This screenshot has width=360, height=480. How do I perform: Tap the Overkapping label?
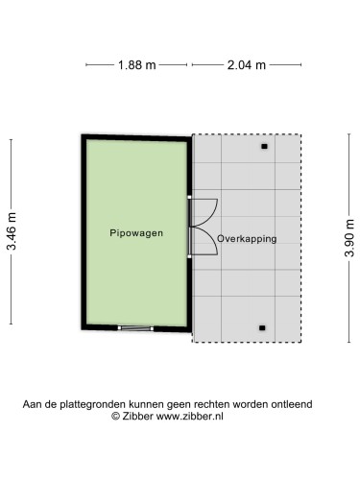coord(247,238)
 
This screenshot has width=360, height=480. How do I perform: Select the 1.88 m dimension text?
coord(136,65)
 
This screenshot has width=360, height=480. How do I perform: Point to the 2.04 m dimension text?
coord(246,65)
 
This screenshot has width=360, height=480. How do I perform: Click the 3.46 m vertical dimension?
coord(12,232)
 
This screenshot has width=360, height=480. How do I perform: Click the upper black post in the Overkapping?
coord(263,147)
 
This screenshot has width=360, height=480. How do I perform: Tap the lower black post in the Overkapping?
coord(262,328)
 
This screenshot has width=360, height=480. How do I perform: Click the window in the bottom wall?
coord(135,328)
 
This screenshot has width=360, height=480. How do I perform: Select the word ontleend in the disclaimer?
coord(291,405)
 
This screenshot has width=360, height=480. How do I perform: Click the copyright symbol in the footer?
coord(115,417)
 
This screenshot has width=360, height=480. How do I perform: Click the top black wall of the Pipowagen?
coord(135,136)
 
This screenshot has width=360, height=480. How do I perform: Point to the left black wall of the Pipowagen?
coord(84,232)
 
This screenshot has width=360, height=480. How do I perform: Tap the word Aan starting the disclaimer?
coord(33,405)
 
